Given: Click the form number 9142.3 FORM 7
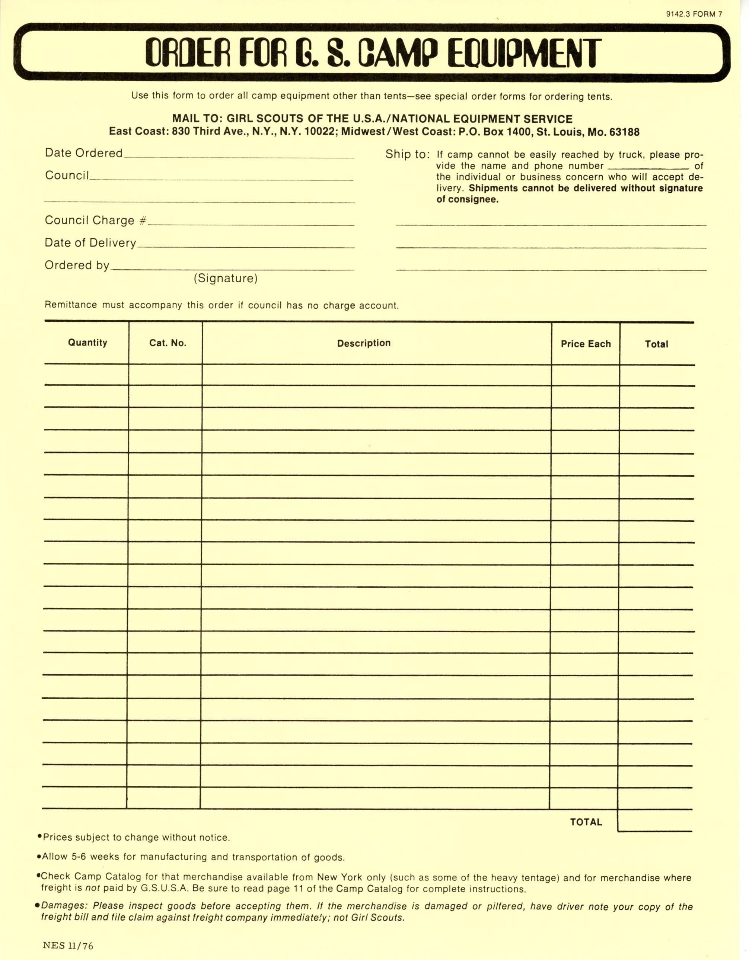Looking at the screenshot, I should coord(694,14).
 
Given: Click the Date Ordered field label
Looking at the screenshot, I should coord(83,153).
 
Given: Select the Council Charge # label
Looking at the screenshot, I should coord(95,220).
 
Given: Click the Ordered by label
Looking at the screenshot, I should coord(77,265).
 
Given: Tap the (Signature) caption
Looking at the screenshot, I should coord(226,278).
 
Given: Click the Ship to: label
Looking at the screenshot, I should coord(407,154).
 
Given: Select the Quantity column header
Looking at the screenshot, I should coord(87,343).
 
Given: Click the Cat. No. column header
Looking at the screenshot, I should coord(168,343).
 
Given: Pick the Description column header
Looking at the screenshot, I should coord(364,343).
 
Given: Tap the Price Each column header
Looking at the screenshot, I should coord(586,344).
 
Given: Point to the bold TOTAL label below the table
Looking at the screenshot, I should coord(586,822).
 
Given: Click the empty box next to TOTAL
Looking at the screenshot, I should coord(654,821).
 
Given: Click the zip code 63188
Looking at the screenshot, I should coord(625,132).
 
